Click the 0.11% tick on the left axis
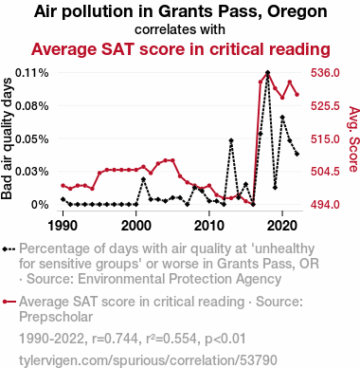[x=32, y=73]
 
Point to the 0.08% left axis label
[x=32, y=105]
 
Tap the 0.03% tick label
[x=32, y=172]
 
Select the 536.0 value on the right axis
[x=325, y=73]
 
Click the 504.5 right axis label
[x=325, y=172]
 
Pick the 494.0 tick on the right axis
[x=325, y=204]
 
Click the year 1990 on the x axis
[x=63, y=226]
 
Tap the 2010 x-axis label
[x=209, y=226]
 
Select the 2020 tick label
[x=282, y=226]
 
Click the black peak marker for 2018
[x=268, y=73]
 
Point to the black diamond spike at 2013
[x=231, y=140]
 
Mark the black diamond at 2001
[x=143, y=179]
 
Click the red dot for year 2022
[x=297, y=95]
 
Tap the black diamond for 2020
[x=282, y=118]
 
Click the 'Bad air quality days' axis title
[x=7, y=138]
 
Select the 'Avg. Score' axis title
[x=353, y=139]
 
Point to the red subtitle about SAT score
[x=181, y=49]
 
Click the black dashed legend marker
[x=9, y=248]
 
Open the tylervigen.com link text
[x=148, y=360]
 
